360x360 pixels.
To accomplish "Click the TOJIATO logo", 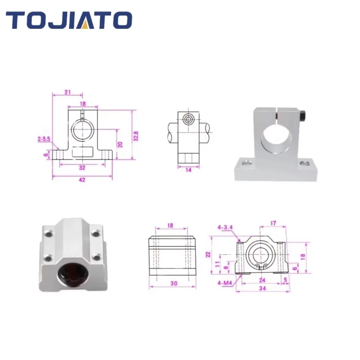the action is (69, 20).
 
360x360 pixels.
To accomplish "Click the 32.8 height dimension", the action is (136, 136).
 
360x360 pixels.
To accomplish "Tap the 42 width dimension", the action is (82, 180).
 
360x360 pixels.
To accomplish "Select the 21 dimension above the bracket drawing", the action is (67, 92).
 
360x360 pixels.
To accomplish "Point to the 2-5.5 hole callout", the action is (44, 139).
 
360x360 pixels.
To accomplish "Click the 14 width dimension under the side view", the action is (189, 170).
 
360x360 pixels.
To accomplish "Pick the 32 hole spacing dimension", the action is (82, 168).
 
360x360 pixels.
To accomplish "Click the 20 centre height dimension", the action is (120, 144).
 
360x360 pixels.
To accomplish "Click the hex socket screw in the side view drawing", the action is (189, 119).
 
